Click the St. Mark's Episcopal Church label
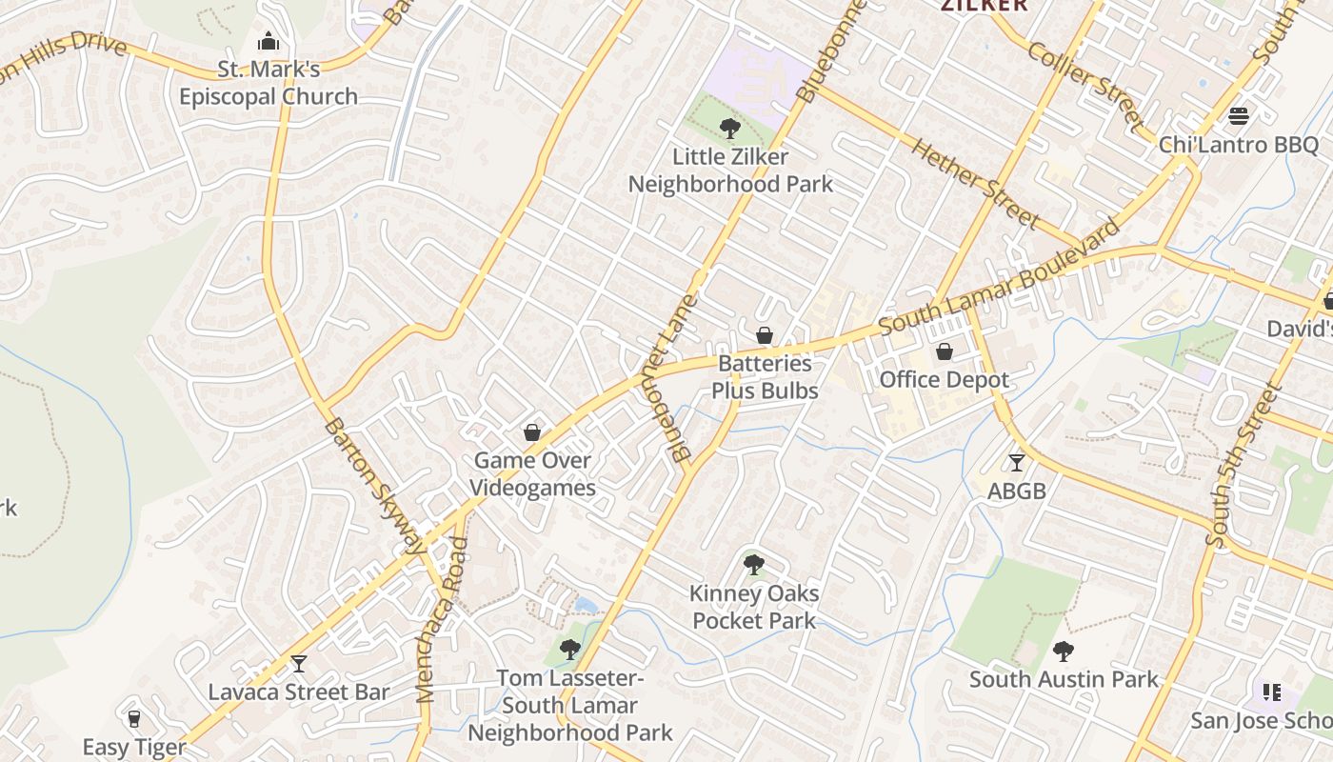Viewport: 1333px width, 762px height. click(x=269, y=83)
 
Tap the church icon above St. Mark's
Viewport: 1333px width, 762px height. click(x=269, y=42)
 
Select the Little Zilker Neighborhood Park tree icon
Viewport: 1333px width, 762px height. click(x=730, y=127)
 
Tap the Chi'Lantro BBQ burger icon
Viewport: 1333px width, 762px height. click(x=1239, y=116)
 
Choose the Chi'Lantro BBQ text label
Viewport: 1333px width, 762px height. click(x=1239, y=145)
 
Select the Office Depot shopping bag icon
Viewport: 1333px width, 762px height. click(x=945, y=352)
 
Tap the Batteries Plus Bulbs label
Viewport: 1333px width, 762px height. click(x=766, y=377)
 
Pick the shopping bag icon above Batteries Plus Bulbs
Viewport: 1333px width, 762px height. click(x=765, y=335)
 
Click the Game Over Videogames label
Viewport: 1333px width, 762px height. click(x=534, y=474)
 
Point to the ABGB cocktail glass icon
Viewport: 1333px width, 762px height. click(x=1017, y=463)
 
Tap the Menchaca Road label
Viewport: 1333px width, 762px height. click(x=440, y=620)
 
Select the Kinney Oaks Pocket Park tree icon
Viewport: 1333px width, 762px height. click(x=754, y=565)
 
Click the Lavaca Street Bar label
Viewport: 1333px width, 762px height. click(x=299, y=692)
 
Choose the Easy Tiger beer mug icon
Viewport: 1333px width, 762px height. click(x=133, y=718)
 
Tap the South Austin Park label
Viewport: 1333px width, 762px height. click(x=1064, y=679)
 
